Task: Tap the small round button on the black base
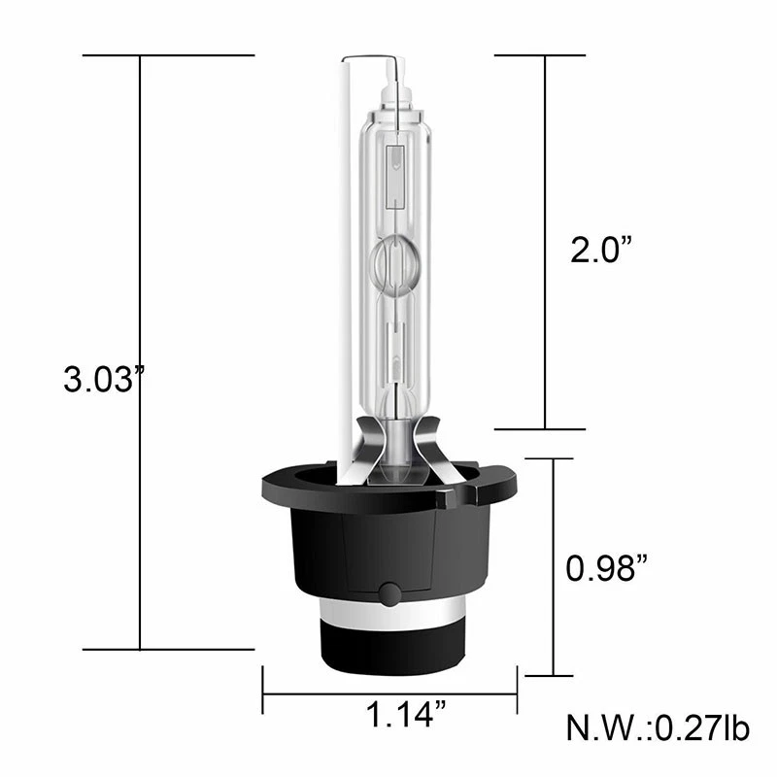point(389,593)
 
